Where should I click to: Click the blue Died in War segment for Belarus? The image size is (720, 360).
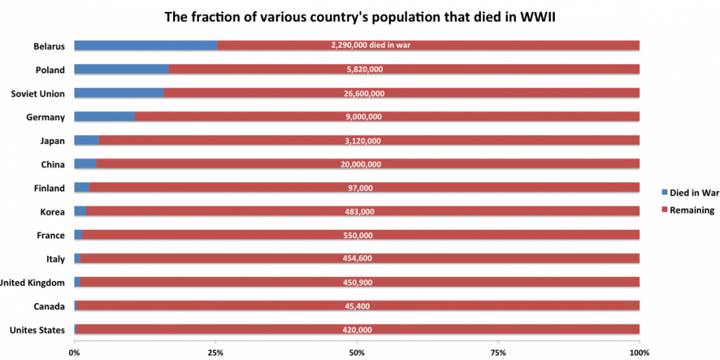coord(146,46)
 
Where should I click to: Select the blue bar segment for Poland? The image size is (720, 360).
coord(121,70)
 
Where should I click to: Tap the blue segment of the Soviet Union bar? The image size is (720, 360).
coord(119,94)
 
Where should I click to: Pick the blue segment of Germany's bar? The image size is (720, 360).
coord(104,117)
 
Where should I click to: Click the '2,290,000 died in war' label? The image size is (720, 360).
coord(370,46)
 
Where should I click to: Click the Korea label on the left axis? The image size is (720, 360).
coord(51,212)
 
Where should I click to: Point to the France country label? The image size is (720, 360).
coord(50,236)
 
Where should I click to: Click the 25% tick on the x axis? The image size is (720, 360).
coord(215,352)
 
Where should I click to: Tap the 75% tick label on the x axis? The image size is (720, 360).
coord(498,352)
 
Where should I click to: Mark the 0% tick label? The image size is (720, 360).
coord(75,352)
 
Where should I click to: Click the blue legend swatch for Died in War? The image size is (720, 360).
coord(664,192)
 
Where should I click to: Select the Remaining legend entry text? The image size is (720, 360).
coord(692,210)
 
